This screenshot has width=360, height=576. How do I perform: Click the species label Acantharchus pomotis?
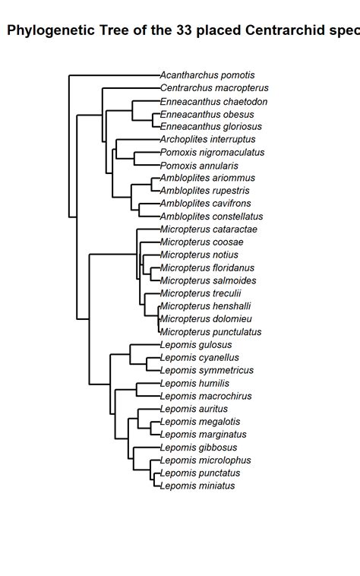pos(207,75)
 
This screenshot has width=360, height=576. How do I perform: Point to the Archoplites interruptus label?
pos(207,140)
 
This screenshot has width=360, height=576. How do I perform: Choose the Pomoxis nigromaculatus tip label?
pos(212,153)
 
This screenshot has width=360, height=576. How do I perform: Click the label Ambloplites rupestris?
pos(204,191)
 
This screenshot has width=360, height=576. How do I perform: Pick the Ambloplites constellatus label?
pos(211,217)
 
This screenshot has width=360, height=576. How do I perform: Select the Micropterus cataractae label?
pos(208,229)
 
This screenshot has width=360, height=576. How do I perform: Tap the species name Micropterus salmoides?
pos(207,280)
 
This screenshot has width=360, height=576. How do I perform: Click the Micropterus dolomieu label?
pos(206,319)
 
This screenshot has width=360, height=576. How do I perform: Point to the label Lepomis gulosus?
pos(196,345)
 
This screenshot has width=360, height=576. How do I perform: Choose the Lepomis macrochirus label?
pos(205,396)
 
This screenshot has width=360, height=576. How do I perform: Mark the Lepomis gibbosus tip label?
pos(198,448)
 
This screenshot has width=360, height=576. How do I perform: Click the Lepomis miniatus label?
pos(197,486)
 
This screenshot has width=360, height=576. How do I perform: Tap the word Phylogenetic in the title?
pos(51,31)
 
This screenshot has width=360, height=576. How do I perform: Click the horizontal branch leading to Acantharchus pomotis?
pos(114,75)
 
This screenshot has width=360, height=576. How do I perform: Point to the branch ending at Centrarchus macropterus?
pos(131,88)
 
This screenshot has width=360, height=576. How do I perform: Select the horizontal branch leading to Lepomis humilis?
pos(148,384)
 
